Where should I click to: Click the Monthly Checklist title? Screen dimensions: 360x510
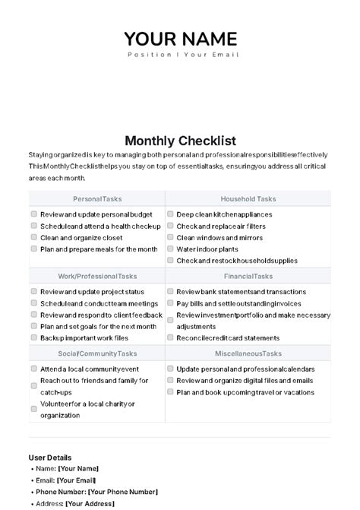point(180,141)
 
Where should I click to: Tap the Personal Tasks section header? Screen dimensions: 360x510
point(96,199)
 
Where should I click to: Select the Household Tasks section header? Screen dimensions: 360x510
point(248,199)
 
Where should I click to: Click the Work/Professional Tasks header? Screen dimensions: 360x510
point(96,277)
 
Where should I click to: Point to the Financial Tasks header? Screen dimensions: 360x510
point(248,277)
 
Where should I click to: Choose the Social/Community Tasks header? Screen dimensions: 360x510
point(96,353)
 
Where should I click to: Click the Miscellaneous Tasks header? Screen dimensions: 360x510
point(248,353)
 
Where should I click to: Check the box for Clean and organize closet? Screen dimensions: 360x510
point(34,237)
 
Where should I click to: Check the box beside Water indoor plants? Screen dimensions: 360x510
point(170,249)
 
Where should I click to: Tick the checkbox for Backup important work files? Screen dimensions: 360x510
point(34,337)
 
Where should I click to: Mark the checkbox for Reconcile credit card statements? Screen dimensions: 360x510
point(170,337)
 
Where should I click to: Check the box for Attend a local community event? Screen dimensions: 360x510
point(34,369)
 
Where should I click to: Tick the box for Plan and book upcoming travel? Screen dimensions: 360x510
point(170,392)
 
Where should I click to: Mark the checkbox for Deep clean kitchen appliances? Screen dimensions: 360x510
point(170,214)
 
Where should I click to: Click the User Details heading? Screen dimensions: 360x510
point(50,458)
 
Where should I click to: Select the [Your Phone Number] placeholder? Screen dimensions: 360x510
point(123,492)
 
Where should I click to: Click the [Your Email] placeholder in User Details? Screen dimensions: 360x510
point(77,480)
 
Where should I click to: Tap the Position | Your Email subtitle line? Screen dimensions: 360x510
point(182,55)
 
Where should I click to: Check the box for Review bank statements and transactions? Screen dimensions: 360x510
point(170,291)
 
